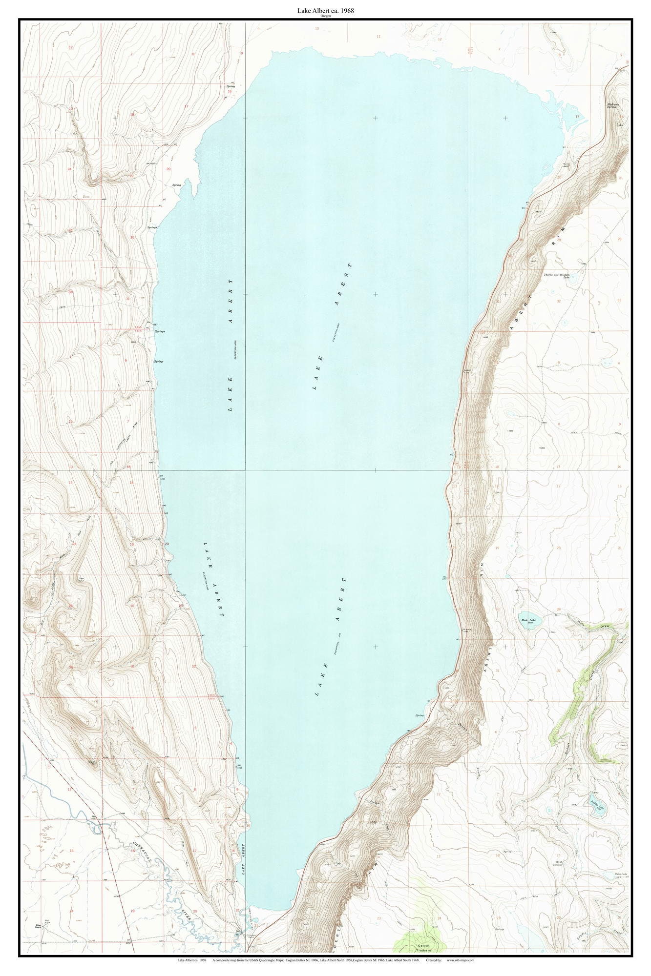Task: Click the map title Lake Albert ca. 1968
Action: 325,10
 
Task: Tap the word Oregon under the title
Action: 325,16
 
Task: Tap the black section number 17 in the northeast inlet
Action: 577,117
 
